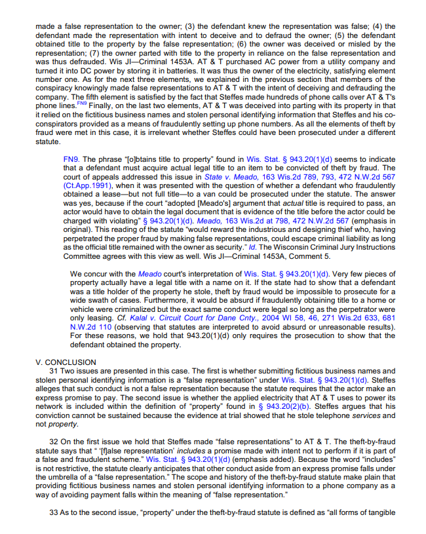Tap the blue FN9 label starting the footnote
tap(70, 159)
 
